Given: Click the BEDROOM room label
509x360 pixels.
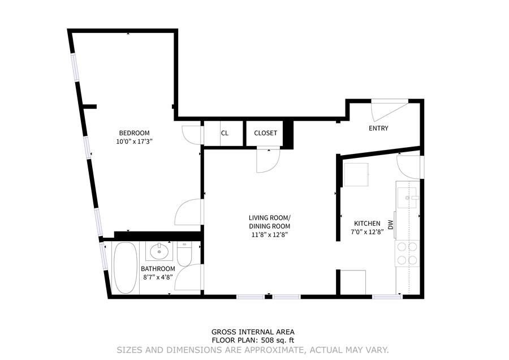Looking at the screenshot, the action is [x=134, y=133].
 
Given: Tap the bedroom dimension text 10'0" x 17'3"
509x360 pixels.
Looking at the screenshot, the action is [x=134, y=142].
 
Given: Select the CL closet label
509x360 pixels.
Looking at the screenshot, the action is [x=225, y=133].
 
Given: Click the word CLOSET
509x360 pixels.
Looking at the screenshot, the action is [x=266, y=133].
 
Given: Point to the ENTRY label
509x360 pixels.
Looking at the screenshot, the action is [x=378, y=128].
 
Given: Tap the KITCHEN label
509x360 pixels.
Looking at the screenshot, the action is [x=367, y=224].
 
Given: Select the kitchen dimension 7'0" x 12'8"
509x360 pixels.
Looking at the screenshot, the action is [x=367, y=232].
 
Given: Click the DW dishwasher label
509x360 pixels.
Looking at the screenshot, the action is [x=390, y=225].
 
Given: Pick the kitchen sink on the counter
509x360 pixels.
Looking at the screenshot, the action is [x=407, y=198].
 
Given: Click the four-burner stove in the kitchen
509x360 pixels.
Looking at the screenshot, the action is [x=407, y=254].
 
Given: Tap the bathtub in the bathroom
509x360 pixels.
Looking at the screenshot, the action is [x=126, y=268].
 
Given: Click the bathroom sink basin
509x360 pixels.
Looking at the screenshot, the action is [x=159, y=251].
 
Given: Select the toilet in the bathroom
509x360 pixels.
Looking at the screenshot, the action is [x=185, y=254].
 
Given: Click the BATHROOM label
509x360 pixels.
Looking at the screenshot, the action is [x=158, y=269].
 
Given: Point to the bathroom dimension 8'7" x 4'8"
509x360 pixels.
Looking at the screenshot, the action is [x=158, y=277].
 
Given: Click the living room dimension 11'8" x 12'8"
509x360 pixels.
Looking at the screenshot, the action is [x=270, y=234].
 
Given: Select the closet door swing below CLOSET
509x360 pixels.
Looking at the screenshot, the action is [x=268, y=159].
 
